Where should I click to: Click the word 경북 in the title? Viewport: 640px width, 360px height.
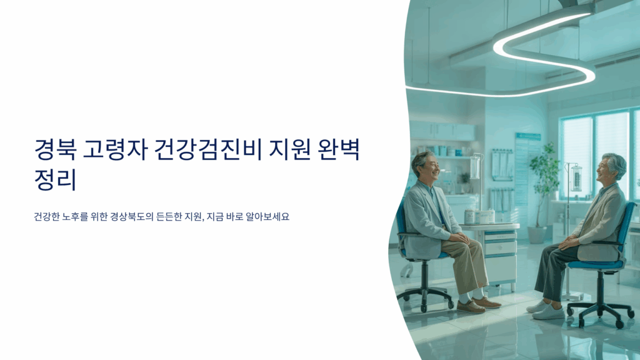point(55,149)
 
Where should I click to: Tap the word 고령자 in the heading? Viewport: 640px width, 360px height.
point(115,149)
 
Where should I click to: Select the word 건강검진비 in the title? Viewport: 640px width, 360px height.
point(207,149)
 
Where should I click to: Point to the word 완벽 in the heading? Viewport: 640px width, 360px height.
point(338,149)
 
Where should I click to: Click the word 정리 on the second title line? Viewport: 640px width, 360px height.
point(55,179)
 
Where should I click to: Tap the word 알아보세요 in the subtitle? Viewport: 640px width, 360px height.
point(267,216)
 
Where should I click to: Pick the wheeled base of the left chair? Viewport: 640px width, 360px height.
point(425,296)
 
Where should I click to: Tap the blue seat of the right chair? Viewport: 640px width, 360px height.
point(595,264)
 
